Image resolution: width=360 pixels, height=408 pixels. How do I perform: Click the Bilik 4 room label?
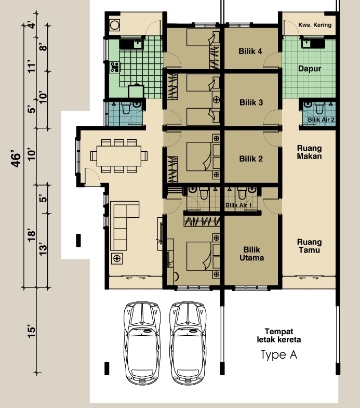click(x=250, y=51)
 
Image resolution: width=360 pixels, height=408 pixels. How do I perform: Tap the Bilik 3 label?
click(x=251, y=102)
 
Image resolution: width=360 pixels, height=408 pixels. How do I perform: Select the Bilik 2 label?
click(x=251, y=159)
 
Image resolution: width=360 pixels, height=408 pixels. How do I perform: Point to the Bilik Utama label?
click(x=251, y=254)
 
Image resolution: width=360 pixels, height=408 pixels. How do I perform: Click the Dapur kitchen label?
click(x=310, y=69)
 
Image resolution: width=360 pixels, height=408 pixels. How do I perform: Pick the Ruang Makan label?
click(x=309, y=152)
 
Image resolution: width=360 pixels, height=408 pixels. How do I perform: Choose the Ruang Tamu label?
click(x=309, y=246)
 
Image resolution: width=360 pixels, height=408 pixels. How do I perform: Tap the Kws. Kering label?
click(x=315, y=25)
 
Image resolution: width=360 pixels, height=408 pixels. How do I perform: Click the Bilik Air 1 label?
click(x=238, y=205)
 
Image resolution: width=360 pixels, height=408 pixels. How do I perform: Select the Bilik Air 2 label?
click(x=321, y=120)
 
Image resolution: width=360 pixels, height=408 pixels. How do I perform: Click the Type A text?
click(x=278, y=354)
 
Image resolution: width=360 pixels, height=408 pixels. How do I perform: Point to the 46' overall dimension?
click(x=16, y=159)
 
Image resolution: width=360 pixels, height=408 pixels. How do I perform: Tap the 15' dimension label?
click(x=31, y=331)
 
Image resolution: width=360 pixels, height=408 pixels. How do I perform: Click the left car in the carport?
click(x=142, y=343)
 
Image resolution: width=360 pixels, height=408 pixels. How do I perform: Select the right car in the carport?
click(x=188, y=343)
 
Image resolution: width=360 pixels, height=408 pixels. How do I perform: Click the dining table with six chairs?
click(x=119, y=156)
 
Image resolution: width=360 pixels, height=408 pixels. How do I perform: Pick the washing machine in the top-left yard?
click(x=114, y=25)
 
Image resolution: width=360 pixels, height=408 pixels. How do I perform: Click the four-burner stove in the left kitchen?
click(x=115, y=67)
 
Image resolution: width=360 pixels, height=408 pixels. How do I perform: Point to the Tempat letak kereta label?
click(x=279, y=335)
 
